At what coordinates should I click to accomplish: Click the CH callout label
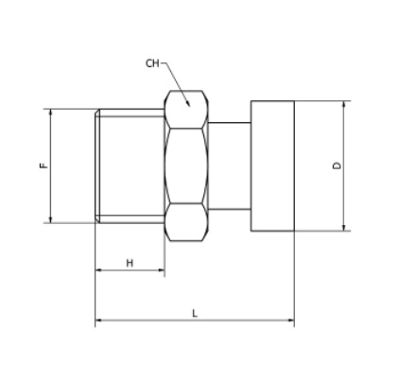point(152,63)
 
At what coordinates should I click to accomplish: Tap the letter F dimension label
point(44,165)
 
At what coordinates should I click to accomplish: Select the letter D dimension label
point(337,165)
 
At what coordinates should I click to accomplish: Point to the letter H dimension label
point(130,263)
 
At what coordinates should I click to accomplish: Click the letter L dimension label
point(195,314)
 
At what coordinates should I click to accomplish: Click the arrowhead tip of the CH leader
point(189,106)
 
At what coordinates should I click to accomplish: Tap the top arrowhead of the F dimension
point(50,110)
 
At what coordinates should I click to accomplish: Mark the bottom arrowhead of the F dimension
point(50,222)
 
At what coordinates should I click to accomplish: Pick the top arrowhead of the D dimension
point(344,101)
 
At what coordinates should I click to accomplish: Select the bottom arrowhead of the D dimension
point(344,231)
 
